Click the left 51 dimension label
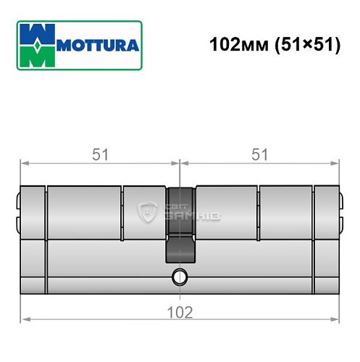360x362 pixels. pos(99,154)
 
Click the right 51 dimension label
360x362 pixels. pos(259,154)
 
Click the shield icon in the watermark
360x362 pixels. pos(147,212)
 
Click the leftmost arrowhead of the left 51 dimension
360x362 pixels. pos(24,163)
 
